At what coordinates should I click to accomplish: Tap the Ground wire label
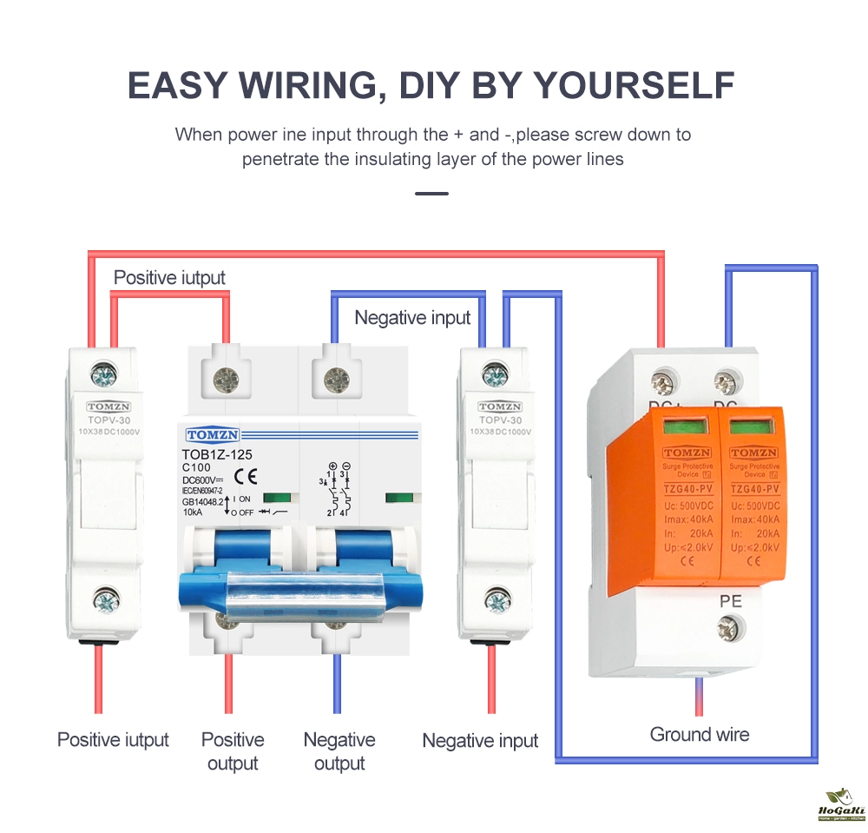(699, 734)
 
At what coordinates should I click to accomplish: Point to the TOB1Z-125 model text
(217, 454)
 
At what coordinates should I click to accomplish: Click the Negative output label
(339, 751)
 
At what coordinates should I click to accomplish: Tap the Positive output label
(233, 751)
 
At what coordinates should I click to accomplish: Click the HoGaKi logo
(837, 805)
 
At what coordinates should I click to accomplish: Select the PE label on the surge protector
(729, 600)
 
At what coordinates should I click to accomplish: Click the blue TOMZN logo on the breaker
(213, 435)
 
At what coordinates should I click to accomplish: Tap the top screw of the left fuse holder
(106, 376)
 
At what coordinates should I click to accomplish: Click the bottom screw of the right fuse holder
(496, 601)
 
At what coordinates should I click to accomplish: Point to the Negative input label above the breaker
(412, 318)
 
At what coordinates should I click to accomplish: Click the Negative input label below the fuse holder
(480, 741)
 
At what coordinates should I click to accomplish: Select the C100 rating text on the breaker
(196, 467)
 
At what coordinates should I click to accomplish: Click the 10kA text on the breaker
(194, 512)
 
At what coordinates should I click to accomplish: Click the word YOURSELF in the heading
(633, 85)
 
